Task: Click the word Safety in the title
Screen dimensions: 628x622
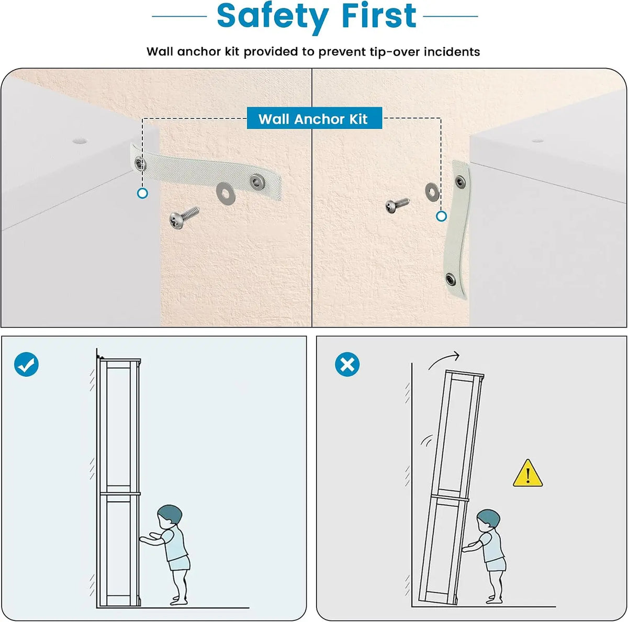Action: tap(273, 16)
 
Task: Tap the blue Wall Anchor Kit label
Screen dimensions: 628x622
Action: tap(314, 118)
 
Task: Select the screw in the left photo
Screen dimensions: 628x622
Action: tap(184, 217)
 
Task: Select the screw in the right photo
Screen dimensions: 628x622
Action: tap(397, 205)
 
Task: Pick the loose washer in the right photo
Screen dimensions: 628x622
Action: tap(431, 192)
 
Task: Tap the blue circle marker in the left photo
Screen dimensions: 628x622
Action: tap(142, 194)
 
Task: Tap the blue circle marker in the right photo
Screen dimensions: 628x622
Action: tap(441, 216)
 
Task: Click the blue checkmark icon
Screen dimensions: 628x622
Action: tap(26, 364)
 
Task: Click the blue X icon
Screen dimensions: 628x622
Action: tap(347, 364)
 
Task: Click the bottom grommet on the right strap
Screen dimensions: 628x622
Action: tap(451, 279)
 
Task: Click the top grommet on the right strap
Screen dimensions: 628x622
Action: tap(459, 182)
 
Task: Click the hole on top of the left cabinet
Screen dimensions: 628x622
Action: tap(80, 141)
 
